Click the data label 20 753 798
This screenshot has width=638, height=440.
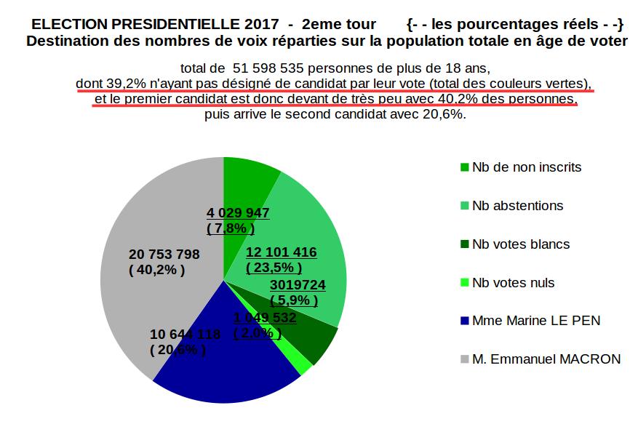pyautogui.click(x=164, y=254)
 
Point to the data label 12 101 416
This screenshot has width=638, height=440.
pyautogui.click(x=281, y=252)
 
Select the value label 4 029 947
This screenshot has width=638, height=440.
pyautogui.click(x=238, y=213)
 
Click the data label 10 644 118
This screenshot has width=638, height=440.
pyautogui.click(x=185, y=335)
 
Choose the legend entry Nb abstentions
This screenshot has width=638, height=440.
pyautogui.click(x=517, y=206)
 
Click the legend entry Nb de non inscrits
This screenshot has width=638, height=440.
pyautogui.click(x=527, y=167)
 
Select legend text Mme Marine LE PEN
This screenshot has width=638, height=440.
pyautogui.click(x=536, y=321)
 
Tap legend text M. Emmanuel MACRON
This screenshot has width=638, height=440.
pyautogui.click(x=546, y=359)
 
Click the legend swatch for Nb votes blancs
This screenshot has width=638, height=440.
pyautogui.click(x=464, y=244)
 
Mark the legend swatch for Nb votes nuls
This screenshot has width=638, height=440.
pyautogui.click(x=464, y=283)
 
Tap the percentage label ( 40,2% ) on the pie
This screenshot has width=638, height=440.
pyautogui.click(x=156, y=270)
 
